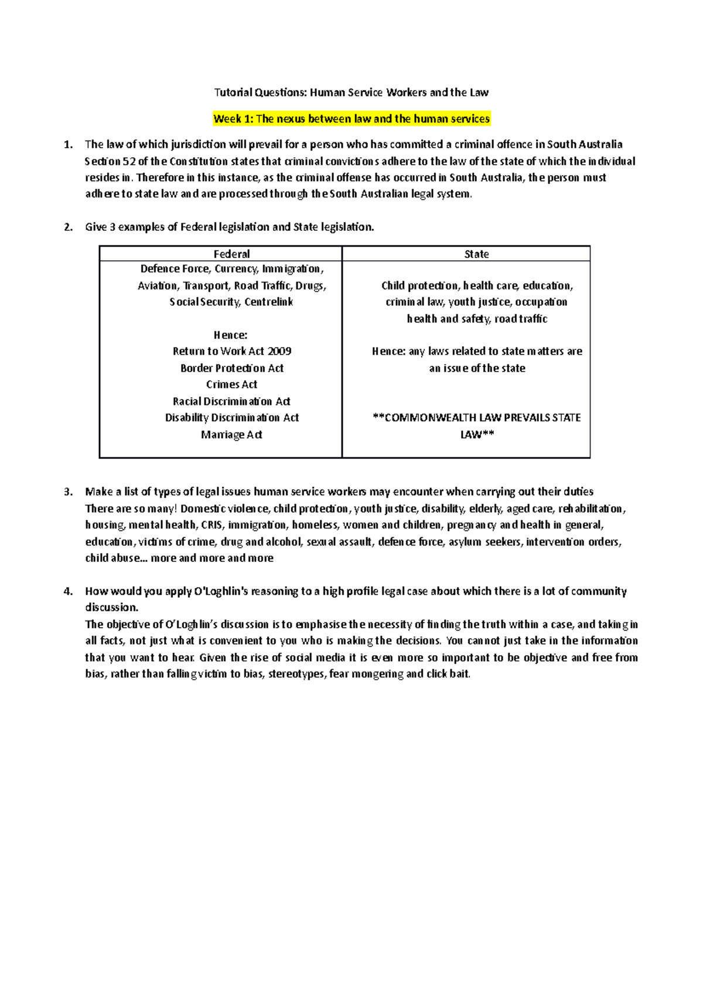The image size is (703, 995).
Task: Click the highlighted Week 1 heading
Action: pyautogui.click(x=351, y=119)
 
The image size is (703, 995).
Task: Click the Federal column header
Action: pyautogui.click(x=231, y=254)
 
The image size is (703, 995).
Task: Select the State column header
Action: pyautogui.click(x=476, y=254)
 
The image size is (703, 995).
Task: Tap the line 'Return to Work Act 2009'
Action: pyautogui.click(x=232, y=351)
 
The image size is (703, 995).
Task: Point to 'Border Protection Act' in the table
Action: pyautogui.click(x=232, y=368)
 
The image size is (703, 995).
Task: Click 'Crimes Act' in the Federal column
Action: pyautogui.click(x=232, y=384)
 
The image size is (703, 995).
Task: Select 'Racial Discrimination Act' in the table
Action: pyautogui.click(x=232, y=401)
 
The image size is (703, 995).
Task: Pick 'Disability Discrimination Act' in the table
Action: pyautogui.click(x=232, y=418)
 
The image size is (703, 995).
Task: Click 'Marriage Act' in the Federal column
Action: pyautogui.click(x=232, y=435)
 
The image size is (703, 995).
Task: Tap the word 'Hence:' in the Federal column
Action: pyautogui.click(x=231, y=335)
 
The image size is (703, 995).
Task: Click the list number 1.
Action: pyautogui.click(x=69, y=145)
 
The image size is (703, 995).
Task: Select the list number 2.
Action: pyautogui.click(x=69, y=227)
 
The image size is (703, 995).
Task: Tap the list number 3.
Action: pyautogui.click(x=69, y=492)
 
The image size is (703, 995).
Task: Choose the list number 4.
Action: pyautogui.click(x=69, y=591)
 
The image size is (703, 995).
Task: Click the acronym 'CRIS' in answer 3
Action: pyautogui.click(x=211, y=525)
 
